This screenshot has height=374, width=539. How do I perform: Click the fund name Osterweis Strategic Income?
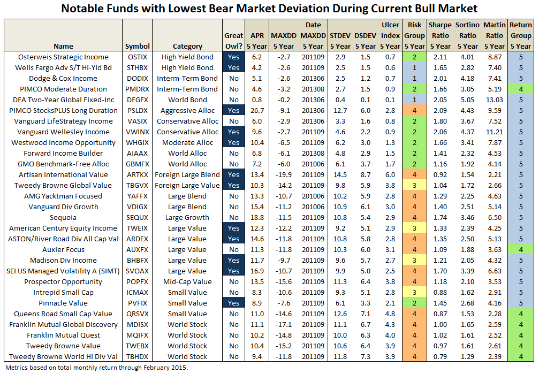pos(63,57)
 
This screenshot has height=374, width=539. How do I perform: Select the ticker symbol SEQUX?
pos(137,217)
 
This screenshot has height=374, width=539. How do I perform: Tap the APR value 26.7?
pos(256,110)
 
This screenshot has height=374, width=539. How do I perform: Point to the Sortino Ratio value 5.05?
pos(467,100)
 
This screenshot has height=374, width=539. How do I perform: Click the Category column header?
pos(187,46)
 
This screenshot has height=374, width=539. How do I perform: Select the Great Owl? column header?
pos(234,41)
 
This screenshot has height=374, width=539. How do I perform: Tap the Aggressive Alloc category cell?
pos(187,110)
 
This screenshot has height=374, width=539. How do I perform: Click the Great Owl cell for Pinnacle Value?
pos(234,303)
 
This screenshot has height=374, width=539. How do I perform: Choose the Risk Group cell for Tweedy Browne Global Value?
pos(414,185)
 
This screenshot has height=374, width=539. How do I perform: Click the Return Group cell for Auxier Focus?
pos(520,249)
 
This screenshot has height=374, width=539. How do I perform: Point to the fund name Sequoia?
pos(63,217)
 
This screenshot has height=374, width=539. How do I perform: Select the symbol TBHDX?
pos(137,356)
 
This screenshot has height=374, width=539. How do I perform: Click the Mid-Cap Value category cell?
pos(187,281)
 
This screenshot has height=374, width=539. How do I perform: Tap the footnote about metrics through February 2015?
pos(96,368)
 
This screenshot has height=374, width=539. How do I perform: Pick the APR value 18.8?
pos(256,217)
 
